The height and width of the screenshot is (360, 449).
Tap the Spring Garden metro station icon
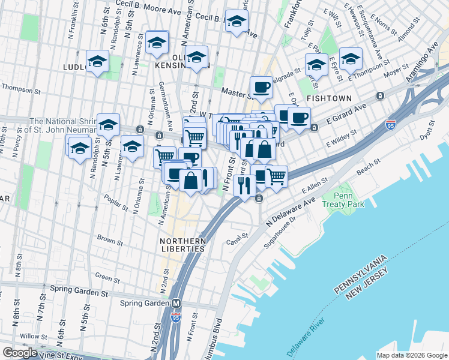pyautogui.click(x=176, y=304)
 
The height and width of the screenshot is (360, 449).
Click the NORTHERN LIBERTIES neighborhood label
pyautogui.click(x=183, y=244)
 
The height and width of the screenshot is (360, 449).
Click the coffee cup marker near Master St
pyautogui.click(x=261, y=88)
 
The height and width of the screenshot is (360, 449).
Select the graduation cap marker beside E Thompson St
pyautogui.click(x=351, y=59)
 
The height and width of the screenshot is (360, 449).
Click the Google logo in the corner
pyautogui.click(x=20, y=353)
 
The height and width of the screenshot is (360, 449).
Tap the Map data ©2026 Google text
pyautogui.click(x=411, y=355)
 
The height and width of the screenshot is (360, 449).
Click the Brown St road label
pyautogui.click(x=110, y=240)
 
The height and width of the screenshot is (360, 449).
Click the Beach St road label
pyautogui.click(x=369, y=163)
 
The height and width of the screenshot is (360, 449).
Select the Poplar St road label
pyautogui.click(x=117, y=203)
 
